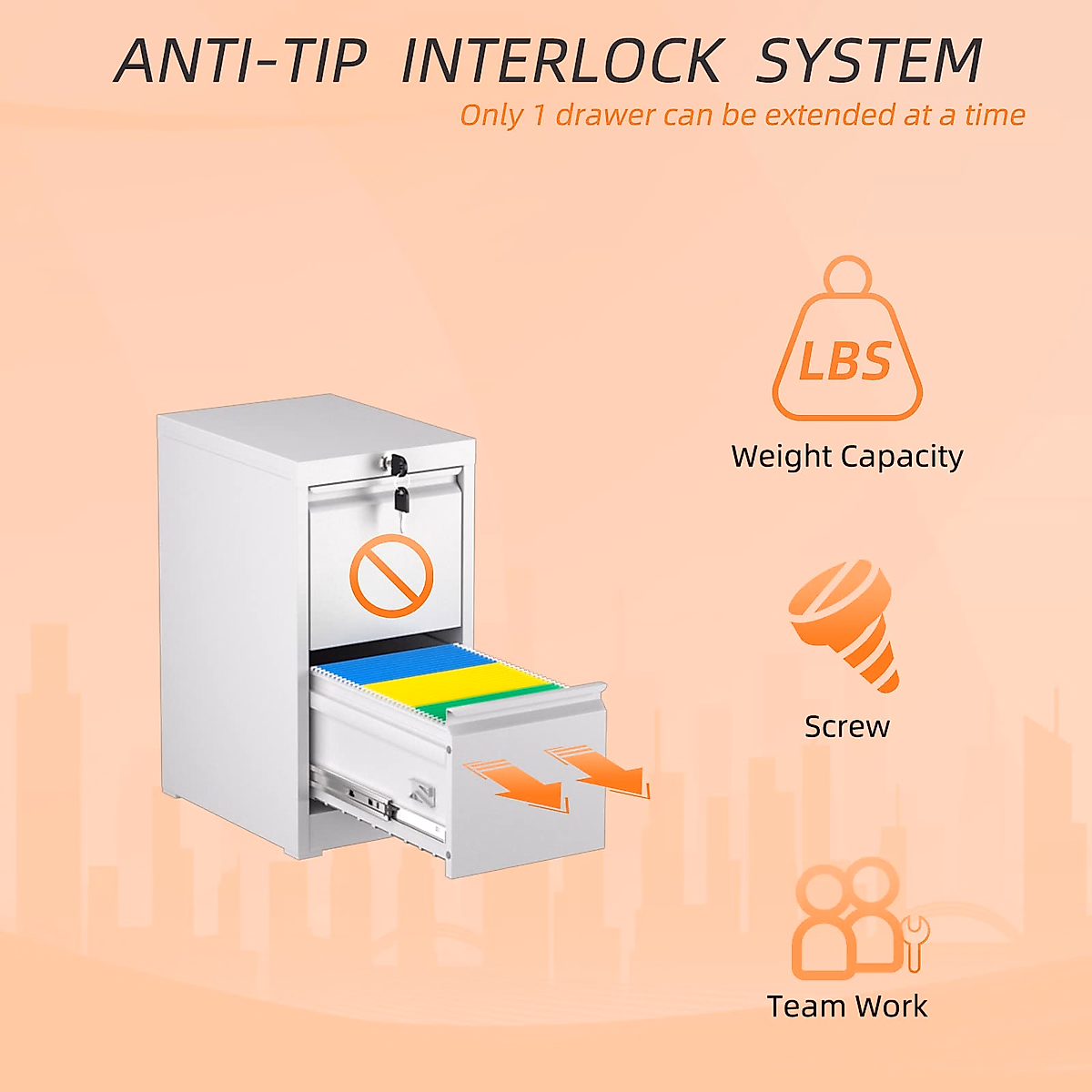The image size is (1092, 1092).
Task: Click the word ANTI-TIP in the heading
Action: coord(241,61)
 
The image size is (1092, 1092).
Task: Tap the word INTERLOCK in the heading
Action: coord(561,61)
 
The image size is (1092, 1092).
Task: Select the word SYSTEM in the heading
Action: coord(869,61)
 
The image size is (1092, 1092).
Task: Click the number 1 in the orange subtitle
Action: coord(539,116)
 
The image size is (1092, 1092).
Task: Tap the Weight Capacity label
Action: coord(847,456)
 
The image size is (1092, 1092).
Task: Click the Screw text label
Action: coord(847,726)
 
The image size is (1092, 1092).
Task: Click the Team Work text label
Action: coord(847,1006)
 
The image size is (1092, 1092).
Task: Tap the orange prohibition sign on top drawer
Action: coord(391,575)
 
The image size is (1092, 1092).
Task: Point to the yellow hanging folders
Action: coord(455,685)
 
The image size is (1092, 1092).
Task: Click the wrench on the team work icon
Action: coord(914,942)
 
